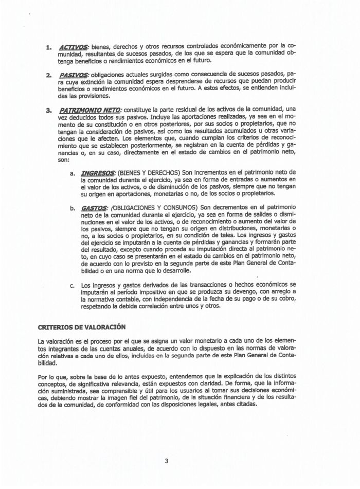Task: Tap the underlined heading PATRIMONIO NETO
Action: pos(91,109)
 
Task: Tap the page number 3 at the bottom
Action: pos(166,461)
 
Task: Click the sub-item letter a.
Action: pos(73,172)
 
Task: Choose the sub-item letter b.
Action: pos(73,208)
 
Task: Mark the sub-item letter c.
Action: pos(73,285)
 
